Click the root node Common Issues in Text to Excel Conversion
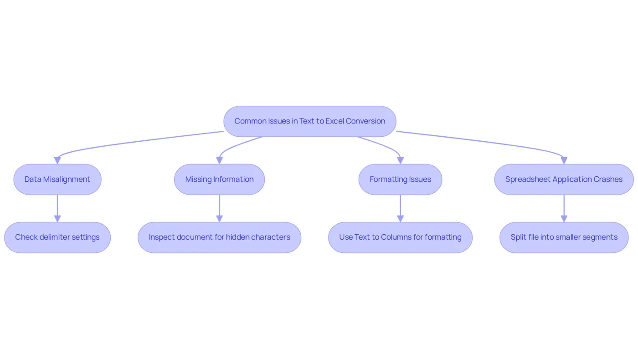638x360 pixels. [310, 121]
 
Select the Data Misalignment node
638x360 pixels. [57, 180]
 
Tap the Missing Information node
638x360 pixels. [219, 180]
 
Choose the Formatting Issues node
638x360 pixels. [400, 180]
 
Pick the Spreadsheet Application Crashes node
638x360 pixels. [564, 180]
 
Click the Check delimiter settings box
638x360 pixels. [57, 237]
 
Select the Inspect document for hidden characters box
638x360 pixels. [219, 237]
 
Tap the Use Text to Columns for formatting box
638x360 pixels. [400, 237]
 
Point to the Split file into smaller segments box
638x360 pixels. [564, 237]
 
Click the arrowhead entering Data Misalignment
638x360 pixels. [57, 160]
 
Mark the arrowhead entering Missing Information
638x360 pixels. [219, 160]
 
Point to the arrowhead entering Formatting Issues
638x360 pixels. [400, 160]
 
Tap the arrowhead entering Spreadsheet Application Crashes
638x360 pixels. [564, 160]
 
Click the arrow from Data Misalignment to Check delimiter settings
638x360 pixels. [57, 209]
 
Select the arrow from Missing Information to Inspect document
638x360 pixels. [219, 209]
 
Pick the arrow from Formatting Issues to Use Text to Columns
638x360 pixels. [400, 209]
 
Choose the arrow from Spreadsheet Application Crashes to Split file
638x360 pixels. [564, 209]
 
